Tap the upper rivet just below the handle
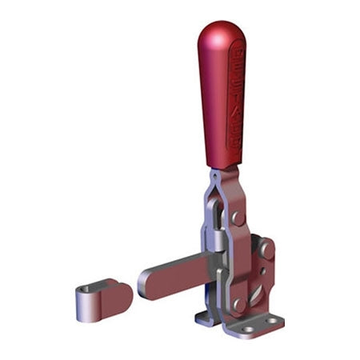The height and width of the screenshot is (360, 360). (x=238, y=218)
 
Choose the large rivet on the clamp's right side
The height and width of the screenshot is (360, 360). (x=266, y=250)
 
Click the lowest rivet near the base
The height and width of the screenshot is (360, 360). (x=239, y=305)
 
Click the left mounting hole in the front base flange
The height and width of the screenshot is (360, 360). (x=248, y=328)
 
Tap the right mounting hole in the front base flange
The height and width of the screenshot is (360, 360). (x=276, y=322)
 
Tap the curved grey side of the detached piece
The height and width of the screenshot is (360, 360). (x=88, y=308)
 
